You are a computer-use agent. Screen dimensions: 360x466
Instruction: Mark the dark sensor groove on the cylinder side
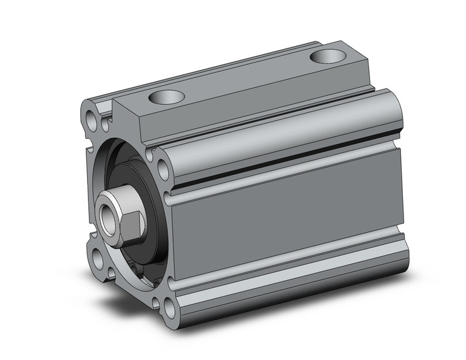pyautogui.click(x=288, y=165)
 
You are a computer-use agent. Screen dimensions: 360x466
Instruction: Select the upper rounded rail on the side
pyautogui.click(x=276, y=132)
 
